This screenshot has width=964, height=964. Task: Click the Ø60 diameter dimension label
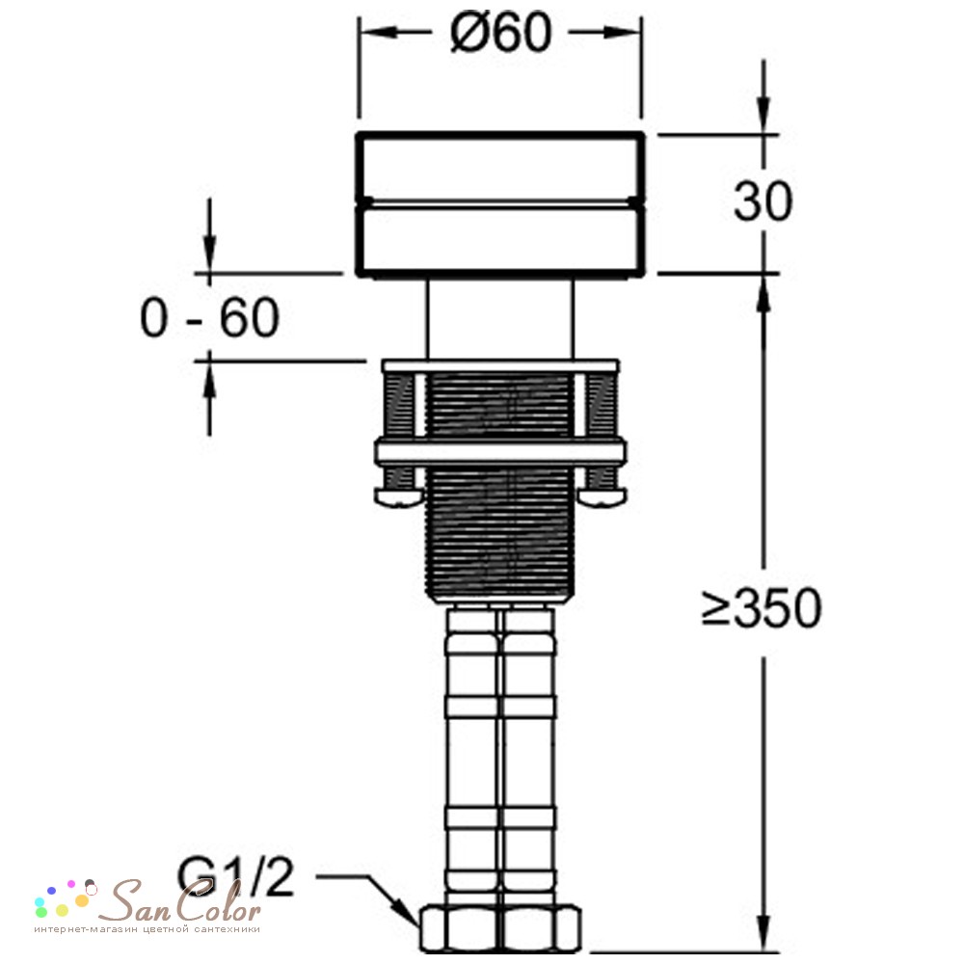tap(500, 33)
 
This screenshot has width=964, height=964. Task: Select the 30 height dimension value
tap(763, 201)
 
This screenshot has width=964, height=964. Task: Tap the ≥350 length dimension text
tap(762, 608)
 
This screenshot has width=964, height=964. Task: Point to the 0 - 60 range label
tap(209, 317)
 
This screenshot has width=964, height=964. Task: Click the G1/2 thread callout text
tap(235, 878)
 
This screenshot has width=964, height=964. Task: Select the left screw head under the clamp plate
tap(399, 496)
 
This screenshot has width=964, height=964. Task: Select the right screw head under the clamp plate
tap(602, 496)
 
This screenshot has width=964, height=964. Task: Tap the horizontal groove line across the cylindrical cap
tap(500, 201)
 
